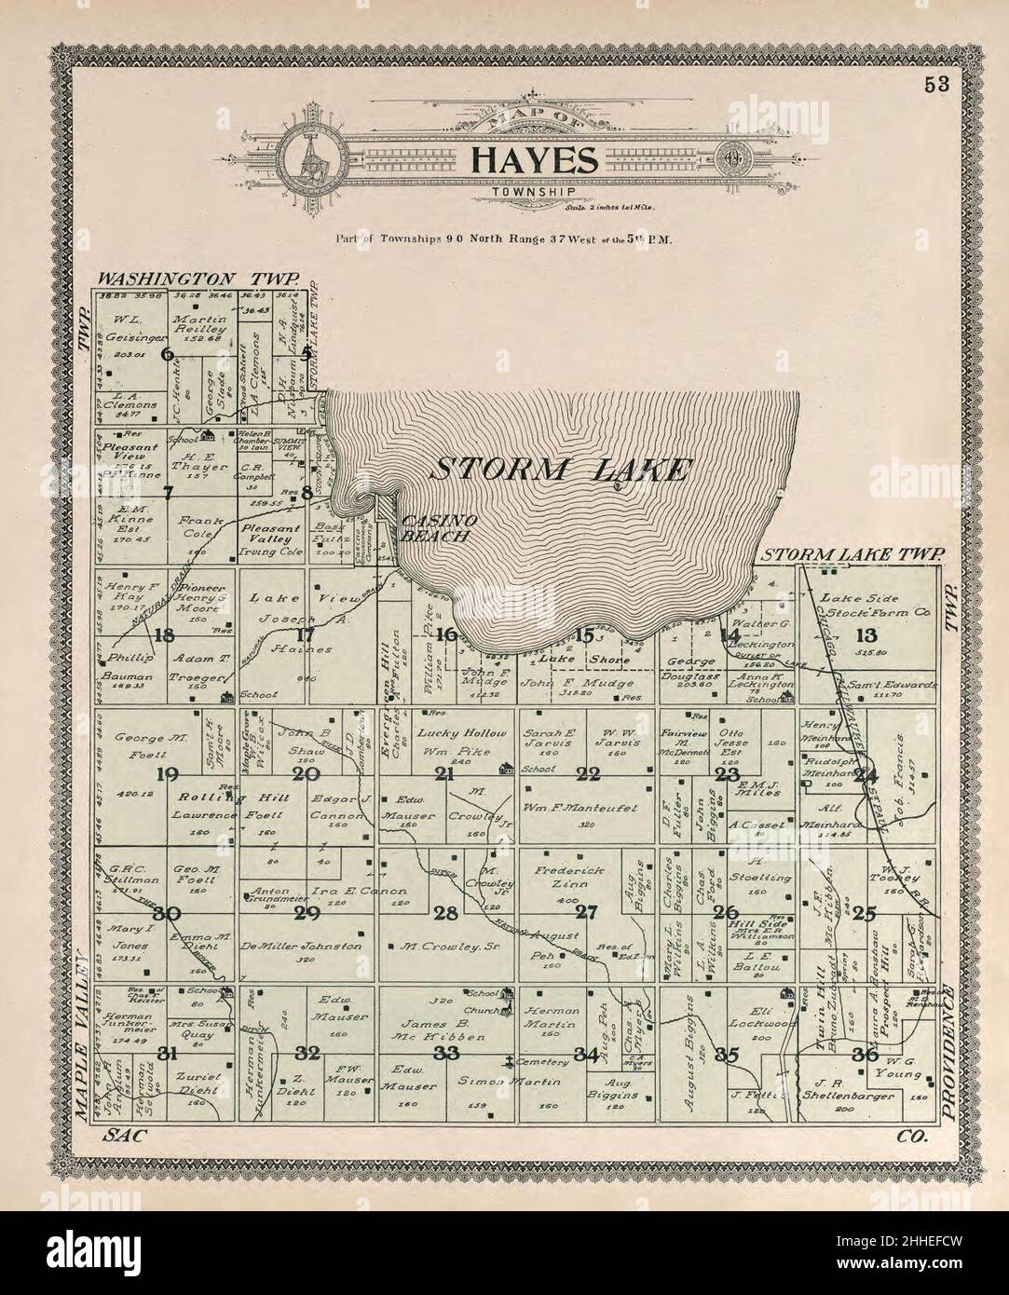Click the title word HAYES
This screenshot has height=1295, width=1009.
coord(533,159)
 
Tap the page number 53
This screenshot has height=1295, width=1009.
coord(936,84)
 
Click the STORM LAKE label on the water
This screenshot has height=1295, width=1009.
coord(560,469)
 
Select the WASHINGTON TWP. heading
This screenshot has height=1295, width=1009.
coord(198,279)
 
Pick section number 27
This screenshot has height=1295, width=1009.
coord(585,911)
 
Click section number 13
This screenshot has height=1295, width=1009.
coord(866,635)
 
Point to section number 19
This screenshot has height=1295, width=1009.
coord(169,773)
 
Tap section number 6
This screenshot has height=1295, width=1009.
coord(167,352)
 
